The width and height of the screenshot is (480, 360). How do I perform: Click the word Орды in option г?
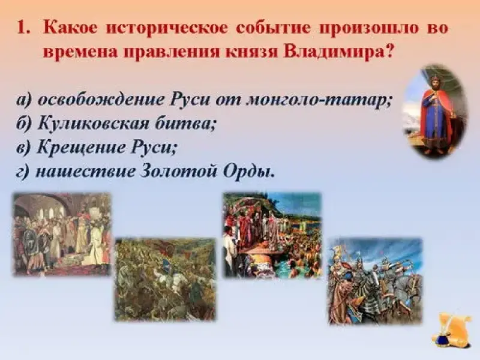(x=248, y=172)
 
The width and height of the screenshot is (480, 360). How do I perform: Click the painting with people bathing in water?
(x=272, y=235)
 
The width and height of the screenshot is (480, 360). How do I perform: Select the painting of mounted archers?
(x=376, y=281)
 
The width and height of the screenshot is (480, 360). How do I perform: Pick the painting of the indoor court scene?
(x=62, y=234)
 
